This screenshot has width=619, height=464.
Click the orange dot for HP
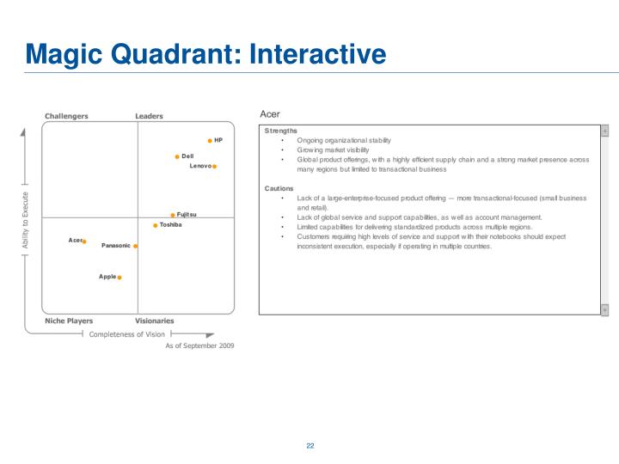(x=210, y=140)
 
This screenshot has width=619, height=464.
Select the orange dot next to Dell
(x=177, y=157)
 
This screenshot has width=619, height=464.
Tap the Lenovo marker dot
(x=215, y=167)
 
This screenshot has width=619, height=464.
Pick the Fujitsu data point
(x=173, y=216)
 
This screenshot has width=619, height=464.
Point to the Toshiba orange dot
(x=156, y=226)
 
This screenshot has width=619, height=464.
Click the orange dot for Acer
(x=84, y=241)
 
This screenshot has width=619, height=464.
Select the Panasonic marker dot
(x=136, y=247)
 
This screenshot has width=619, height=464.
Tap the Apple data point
(x=120, y=278)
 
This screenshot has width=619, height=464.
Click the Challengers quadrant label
(x=66, y=116)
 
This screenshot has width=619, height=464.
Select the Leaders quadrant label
(x=149, y=116)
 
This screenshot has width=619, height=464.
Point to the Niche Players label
(x=69, y=321)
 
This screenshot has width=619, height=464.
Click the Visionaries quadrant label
(x=154, y=321)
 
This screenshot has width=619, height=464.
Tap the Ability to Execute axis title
(x=26, y=221)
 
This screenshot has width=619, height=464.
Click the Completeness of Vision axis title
(x=127, y=334)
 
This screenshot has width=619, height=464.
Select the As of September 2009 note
(x=199, y=345)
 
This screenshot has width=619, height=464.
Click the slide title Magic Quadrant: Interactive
(x=205, y=55)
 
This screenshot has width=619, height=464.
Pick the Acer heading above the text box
(x=269, y=114)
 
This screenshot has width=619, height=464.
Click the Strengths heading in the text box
(x=280, y=131)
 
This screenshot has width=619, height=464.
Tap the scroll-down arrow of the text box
(x=604, y=309)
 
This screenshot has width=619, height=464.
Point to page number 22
(x=309, y=446)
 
